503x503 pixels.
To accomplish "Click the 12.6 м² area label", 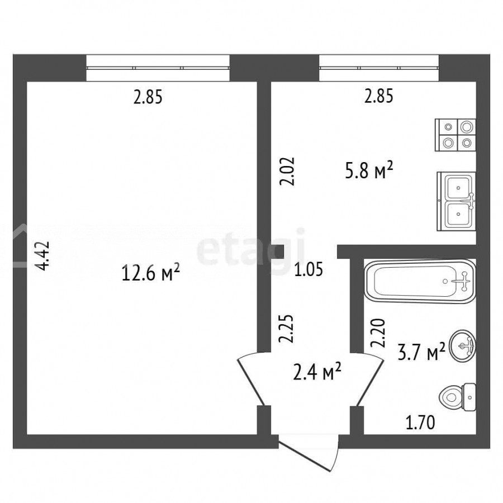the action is click(151, 274).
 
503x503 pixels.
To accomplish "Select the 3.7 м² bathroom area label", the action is click(421, 352).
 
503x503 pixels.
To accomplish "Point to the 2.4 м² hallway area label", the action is click(317, 372).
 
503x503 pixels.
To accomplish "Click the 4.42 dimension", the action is click(42, 255).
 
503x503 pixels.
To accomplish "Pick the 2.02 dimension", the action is click(287, 171).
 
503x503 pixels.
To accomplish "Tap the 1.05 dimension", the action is click(309, 269).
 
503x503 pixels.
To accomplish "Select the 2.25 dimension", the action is click(286, 329).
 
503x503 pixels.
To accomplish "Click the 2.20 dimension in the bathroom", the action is click(378, 333).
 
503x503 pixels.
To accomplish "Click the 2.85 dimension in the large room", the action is click(148, 97).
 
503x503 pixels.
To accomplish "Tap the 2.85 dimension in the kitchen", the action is click(378, 96).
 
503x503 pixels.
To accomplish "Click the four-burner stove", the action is click(455, 135).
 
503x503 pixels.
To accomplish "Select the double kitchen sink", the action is click(456, 201).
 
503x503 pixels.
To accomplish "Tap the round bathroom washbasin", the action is click(463, 346).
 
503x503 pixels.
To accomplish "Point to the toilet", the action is click(457, 397).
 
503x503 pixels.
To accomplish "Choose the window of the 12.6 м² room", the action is click(158, 68).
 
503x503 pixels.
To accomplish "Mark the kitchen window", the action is click(379, 68).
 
